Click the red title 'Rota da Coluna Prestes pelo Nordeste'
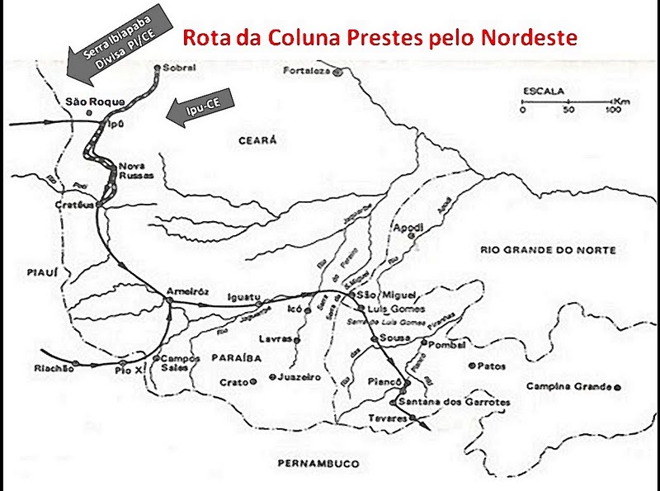pos(379,37)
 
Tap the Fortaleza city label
pos(305,71)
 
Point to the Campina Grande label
pos(568,386)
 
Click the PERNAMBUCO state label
pos(318,464)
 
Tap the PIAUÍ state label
pos(31,269)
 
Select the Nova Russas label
pos(131,172)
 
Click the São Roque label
pos(96,101)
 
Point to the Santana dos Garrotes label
pos(454,402)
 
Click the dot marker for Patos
pos(471,365)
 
